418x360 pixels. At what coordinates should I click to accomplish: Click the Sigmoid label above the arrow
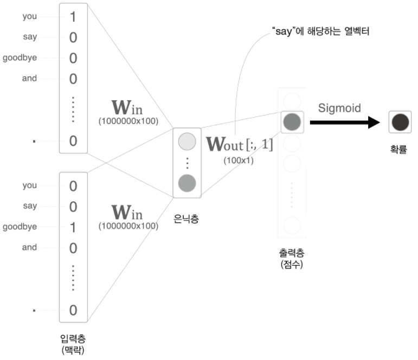point(340,108)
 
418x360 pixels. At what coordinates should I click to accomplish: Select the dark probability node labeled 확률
point(400,121)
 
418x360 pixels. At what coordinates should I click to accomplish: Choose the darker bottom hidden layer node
point(186,183)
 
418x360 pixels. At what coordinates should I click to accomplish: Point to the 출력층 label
point(292,253)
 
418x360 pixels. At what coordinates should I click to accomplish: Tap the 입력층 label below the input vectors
point(73,339)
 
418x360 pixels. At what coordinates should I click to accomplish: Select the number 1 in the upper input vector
point(73,16)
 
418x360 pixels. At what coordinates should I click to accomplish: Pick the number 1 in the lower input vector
point(73,227)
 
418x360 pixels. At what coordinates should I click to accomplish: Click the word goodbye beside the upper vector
point(20,57)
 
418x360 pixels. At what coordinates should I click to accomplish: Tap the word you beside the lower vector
point(29,185)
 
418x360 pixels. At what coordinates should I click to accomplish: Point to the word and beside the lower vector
point(29,247)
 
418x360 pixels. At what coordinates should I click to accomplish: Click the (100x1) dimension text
point(238,160)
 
